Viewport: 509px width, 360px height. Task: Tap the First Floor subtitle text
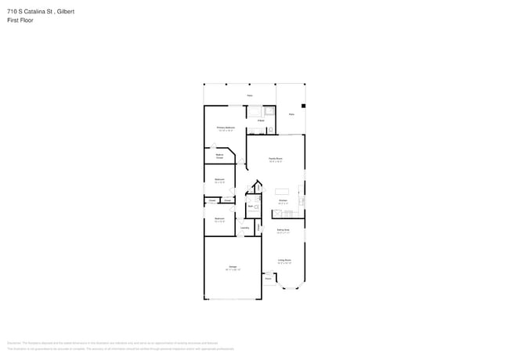(21, 20)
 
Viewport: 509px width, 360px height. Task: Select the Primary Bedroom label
(226, 127)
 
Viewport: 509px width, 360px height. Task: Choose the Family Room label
(275, 159)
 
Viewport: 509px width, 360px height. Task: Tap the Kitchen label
(283, 201)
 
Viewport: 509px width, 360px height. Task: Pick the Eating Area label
(283, 230)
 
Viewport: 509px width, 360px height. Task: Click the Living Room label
(284, 260)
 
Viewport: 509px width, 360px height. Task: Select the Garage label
(233, 267)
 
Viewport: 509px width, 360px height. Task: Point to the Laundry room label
(244, 228)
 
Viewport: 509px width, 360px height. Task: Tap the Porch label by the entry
(268, 278)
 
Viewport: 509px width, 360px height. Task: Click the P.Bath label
(260, 121)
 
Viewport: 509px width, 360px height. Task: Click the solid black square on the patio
(303, 106)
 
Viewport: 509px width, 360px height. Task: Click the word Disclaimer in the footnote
(14, 342)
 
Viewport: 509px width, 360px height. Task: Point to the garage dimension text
(233, 270)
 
